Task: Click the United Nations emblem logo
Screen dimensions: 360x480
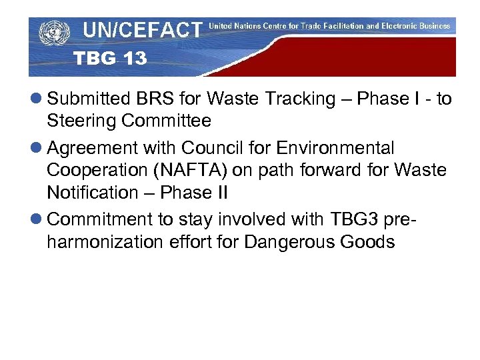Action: [x=54, y=33]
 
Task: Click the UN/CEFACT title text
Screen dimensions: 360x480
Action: [x=142, y=30]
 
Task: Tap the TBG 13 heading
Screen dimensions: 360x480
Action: [x=110, y=59]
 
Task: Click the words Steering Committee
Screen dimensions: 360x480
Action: [x=129, y=121]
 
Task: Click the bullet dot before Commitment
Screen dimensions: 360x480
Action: [x=37, y=219]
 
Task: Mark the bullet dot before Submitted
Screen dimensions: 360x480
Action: [x=37, y=99]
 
